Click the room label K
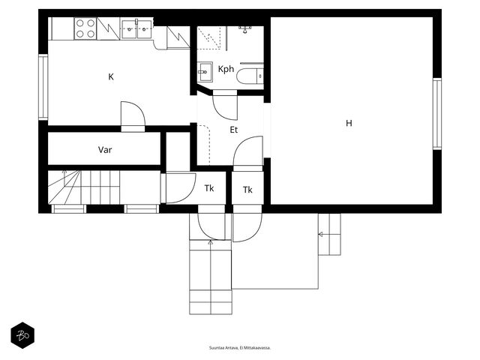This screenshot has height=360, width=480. (x=111, y=76)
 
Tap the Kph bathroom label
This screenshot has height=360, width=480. (x=226, y=69)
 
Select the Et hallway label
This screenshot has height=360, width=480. (x=233, y=130)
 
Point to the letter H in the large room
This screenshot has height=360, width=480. (x=349, y=123)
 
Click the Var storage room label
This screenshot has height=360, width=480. (x=105, y=150)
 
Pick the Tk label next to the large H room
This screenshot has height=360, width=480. (x=247, y=190)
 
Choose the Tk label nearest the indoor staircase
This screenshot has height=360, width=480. (x=209, y=188)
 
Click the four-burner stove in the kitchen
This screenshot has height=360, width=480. (x=85, y=28)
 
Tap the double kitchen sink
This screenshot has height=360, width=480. (x=136, y=29)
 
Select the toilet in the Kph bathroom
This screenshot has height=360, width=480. (x=250, y=76)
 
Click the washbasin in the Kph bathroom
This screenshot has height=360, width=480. (x=205, y=72)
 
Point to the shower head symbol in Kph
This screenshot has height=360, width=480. (x=245, y=29)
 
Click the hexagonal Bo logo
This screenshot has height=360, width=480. (x=22, y=335)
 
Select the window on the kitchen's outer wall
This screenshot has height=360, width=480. (x=43, y=87)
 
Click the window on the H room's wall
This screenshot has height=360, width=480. (x=436, y=113)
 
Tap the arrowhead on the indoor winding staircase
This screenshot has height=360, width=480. (x=64, y=172)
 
